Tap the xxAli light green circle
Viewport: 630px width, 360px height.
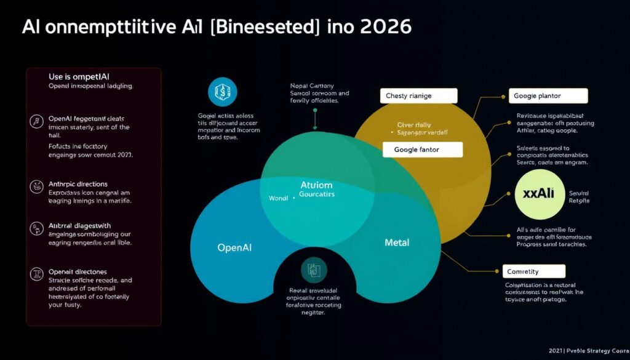(538, 193)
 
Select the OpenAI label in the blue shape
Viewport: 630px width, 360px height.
(235, 248)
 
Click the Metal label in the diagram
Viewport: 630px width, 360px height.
(397, 242)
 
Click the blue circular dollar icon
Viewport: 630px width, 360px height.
(221, 92)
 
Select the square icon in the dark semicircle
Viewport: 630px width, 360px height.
(311, 270)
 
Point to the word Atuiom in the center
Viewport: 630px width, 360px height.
(316, 184)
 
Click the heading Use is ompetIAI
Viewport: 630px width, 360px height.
(79, 76)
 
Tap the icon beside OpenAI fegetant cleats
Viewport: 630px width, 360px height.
(36, 122)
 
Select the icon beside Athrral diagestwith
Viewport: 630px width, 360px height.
(36, 230)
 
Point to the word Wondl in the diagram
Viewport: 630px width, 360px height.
(278, 198)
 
